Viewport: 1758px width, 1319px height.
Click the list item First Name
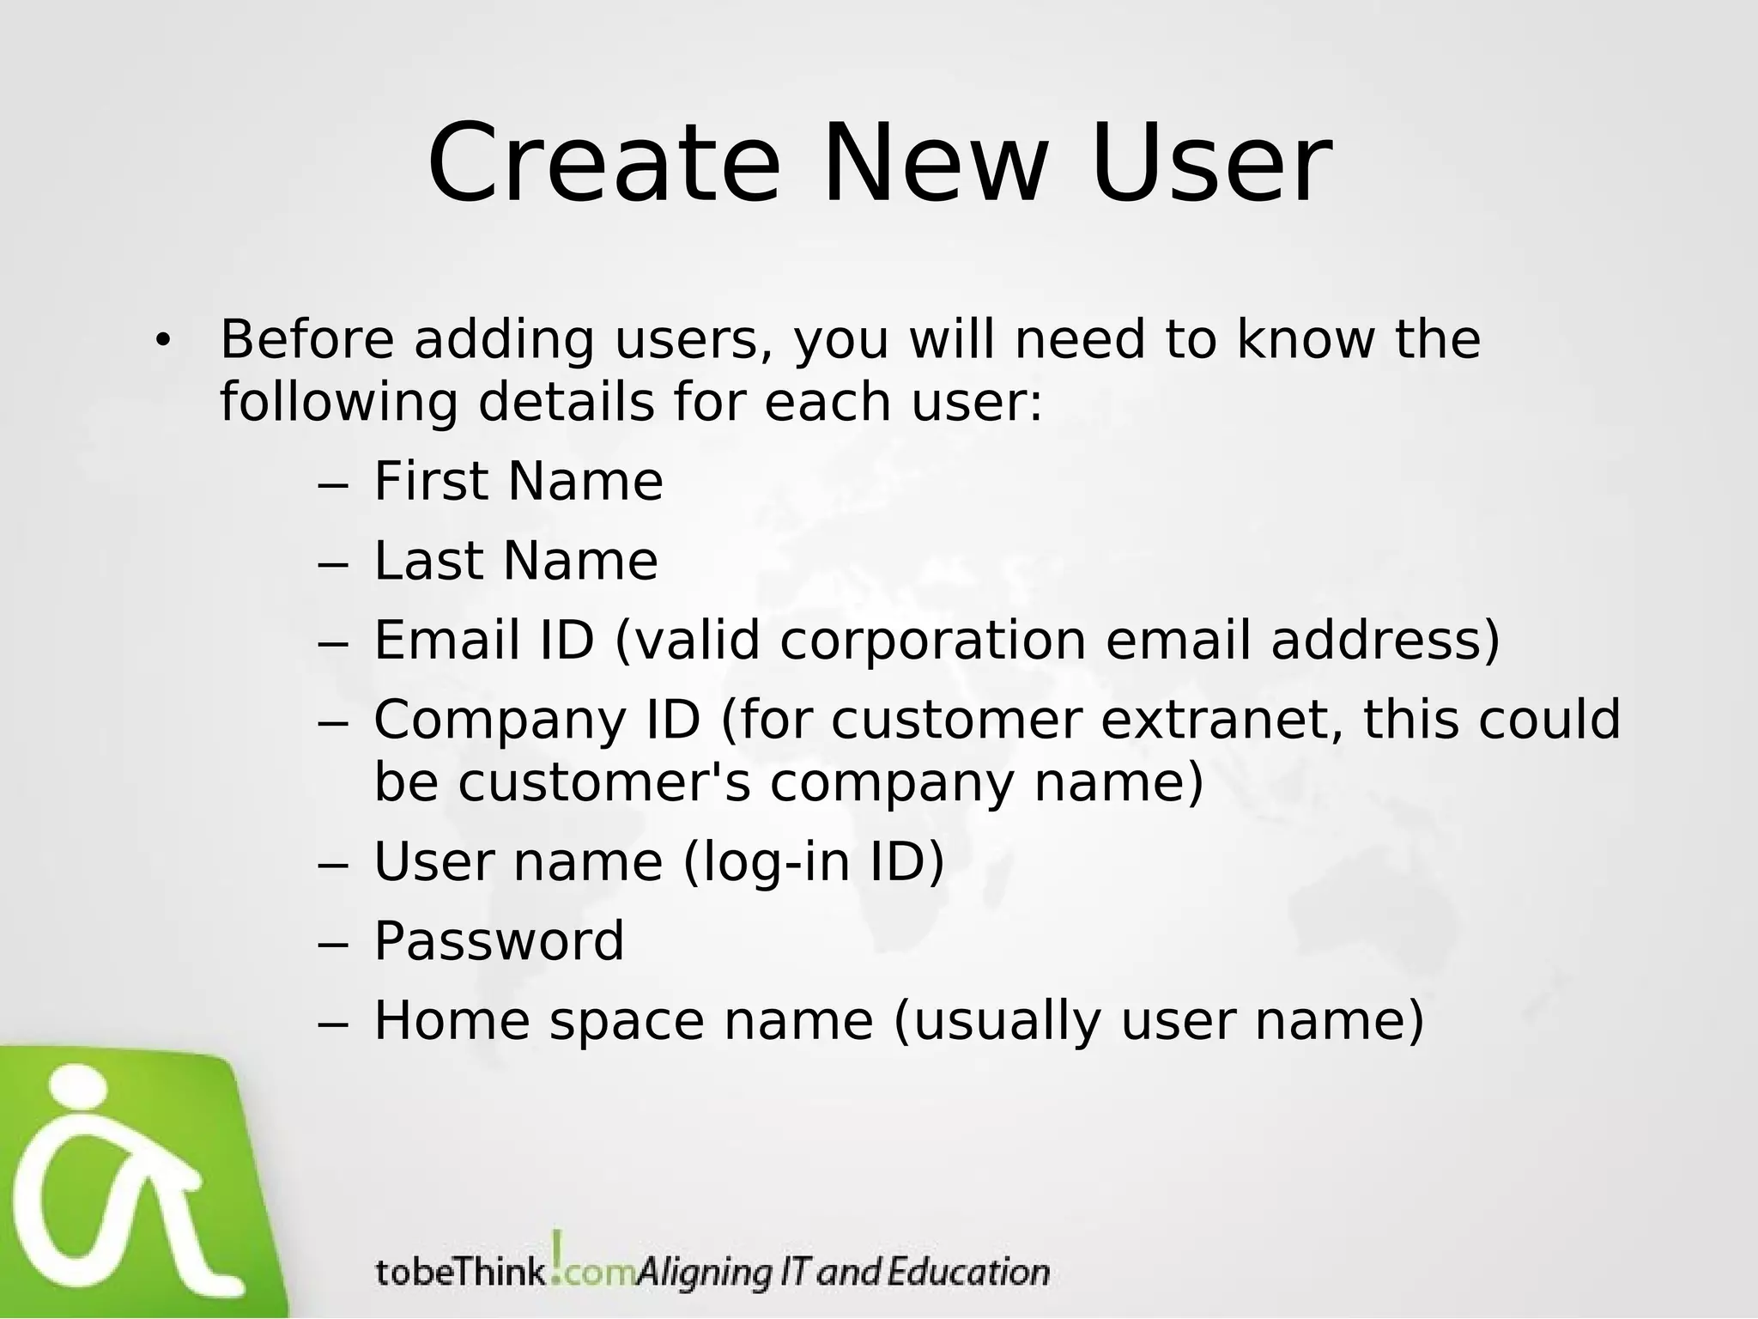[518, 481]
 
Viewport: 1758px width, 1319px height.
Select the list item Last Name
[516, 561]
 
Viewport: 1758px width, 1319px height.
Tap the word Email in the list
[446, 641]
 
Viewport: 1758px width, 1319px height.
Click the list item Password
[499, 941]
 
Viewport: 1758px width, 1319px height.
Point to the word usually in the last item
[997, 1022]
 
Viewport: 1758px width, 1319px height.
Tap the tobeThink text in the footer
[460, 1272]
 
